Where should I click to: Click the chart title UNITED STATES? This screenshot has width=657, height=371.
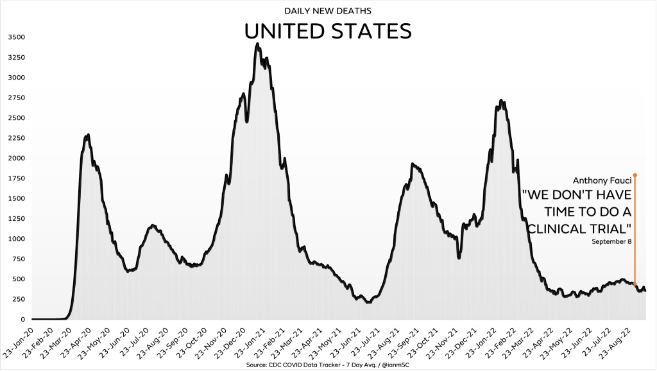click(328, 31)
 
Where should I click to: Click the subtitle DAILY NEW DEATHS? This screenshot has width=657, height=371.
click(328, 11)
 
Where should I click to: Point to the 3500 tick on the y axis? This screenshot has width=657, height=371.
click(15, 37)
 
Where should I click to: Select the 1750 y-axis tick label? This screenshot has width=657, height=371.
click(15, 178)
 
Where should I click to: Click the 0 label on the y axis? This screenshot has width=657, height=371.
click(22, 319)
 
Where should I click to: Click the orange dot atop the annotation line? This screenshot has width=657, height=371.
click(635, 175)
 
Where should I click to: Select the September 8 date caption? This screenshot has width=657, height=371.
click(611, 241)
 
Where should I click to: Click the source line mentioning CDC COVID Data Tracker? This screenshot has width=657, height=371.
click(328, 364)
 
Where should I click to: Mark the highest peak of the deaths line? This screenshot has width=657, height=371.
click(257, 44)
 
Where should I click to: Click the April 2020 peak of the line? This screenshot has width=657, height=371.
click(87, 135)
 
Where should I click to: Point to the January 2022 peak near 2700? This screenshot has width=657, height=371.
click(501, 101)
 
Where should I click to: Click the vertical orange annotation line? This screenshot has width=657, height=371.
click(635, 231)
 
